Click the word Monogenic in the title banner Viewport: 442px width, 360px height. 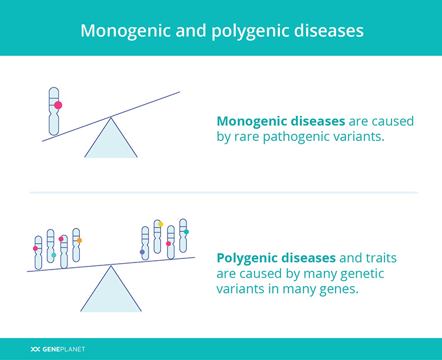125,31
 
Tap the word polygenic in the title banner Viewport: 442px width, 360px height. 250,31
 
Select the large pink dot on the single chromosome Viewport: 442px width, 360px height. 58,105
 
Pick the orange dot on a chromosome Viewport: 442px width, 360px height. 79,240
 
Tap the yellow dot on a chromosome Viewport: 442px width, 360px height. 160,224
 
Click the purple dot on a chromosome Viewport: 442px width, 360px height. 142,252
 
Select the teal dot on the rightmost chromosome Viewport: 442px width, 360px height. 186,232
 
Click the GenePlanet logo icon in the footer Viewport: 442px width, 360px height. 35,349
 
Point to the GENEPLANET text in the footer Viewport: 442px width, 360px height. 63,349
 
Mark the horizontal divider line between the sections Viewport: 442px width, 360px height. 223,193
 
